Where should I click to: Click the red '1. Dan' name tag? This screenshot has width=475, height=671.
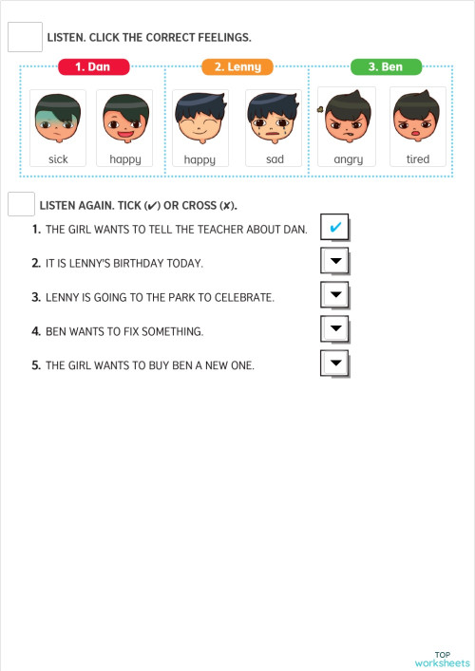pyautogui.click(x=93, y=67)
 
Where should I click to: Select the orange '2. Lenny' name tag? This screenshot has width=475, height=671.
pyautogui.click(x=237, y=67)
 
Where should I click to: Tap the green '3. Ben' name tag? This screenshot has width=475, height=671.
pyautogui.click(x=386, y=67)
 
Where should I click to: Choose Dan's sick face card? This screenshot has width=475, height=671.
pyautogui.click(x=58, y=128)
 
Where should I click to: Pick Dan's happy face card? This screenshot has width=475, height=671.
pyautogui.click(x=124, y=128)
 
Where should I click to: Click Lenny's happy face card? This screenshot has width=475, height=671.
pyautogui.click(x=199, y=128)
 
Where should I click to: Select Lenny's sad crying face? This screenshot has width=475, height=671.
pyautogui.click(x=274, y=128)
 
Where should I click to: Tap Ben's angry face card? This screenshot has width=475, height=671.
pyautogui.click(x=348, y=128)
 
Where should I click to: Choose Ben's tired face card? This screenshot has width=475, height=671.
pyautogui.click(x=418, y=128)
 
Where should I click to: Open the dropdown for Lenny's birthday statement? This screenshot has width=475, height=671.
pyautogui.click(x=335, y=262)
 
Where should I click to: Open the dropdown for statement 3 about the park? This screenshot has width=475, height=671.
pyautogui.click(x=335, y=296)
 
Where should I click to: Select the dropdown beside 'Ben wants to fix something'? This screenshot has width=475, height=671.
pyautogui.click(x=335, y=330)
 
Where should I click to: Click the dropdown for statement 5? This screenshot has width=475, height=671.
pyautogui.click(x=335, y=363)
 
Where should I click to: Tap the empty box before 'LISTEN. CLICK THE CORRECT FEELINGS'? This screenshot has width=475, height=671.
pyautogui.click(x=25, y=37)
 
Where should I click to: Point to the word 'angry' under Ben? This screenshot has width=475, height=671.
pyautogui.click(x=348, y=159)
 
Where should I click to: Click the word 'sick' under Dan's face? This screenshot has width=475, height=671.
pyautogui.click(x=58, y=159)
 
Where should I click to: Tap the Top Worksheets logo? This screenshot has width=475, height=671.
pyautogui.click(x=442, y=659)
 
